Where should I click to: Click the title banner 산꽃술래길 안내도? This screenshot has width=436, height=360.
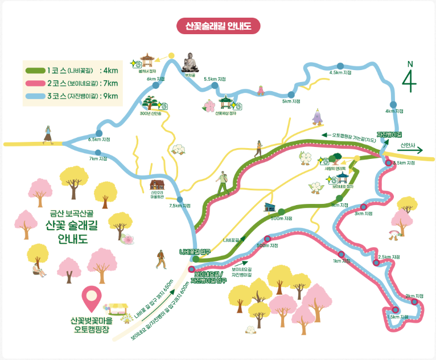pos(219,26)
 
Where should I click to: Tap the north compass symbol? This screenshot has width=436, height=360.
pos(409,77)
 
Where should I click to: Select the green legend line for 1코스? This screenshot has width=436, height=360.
pos(35,71)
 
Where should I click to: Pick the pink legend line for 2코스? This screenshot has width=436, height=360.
pos(35,83)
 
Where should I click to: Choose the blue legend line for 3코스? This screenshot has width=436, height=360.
pos(35,96)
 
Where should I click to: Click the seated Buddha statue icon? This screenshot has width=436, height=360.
pos(190,62)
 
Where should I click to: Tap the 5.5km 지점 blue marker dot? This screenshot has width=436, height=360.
pos(215,85)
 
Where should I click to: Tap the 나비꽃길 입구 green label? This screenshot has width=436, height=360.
pos(195,251)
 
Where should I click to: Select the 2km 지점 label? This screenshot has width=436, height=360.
pos(415,296)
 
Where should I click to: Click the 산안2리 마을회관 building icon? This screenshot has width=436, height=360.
pos(157,185)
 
